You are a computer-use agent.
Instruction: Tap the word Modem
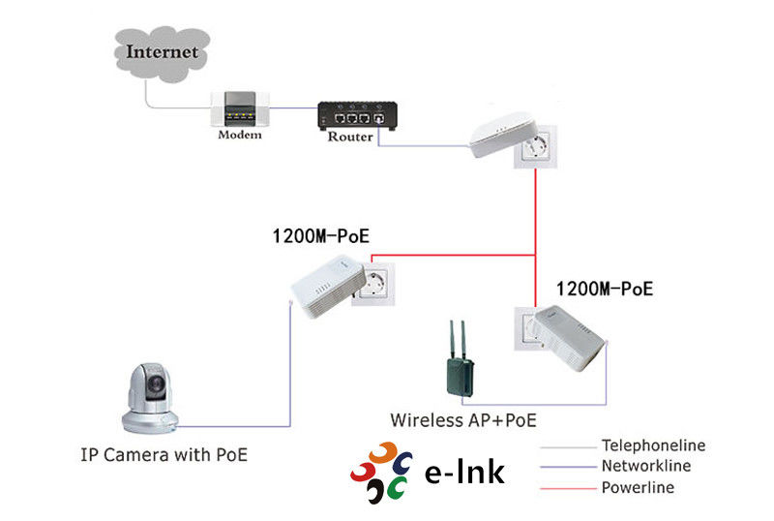point(240,135)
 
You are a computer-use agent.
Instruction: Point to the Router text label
point(350,137)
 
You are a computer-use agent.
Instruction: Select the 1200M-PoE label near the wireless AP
point(605,289)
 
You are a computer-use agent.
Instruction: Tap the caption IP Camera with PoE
point(164,453)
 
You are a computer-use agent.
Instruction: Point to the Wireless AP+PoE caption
point(463,420)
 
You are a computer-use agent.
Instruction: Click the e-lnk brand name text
point(464,472)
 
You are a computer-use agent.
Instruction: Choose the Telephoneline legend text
point(653,446)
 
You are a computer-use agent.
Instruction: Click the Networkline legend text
point(646,467)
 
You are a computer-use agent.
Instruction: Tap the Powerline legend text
point(638,487)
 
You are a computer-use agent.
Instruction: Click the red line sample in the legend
point(565,488)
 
